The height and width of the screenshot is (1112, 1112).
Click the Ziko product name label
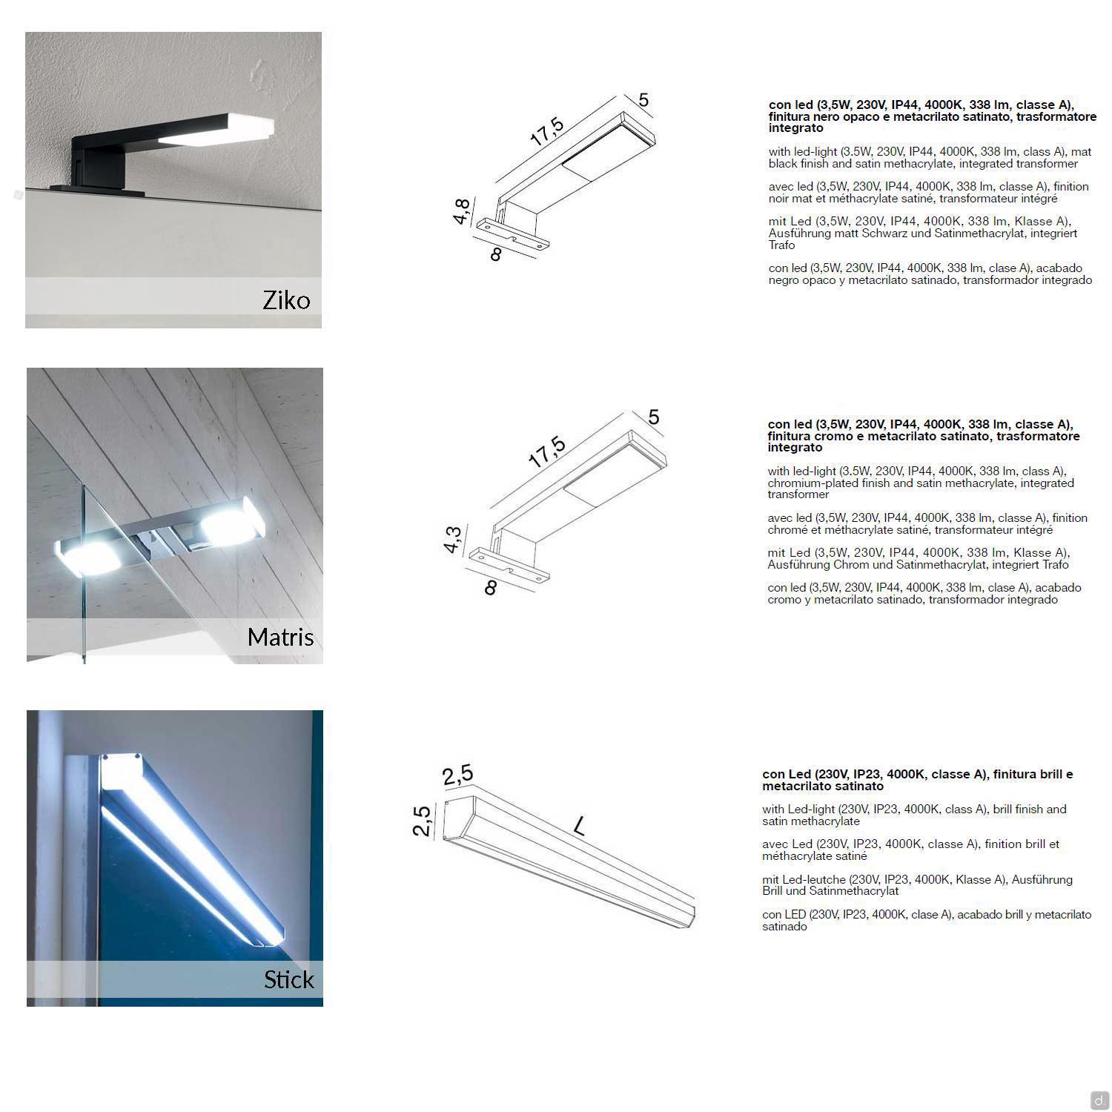pyautogui.click(x=286, y=300)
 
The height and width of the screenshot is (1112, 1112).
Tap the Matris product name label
pyautogui.click(x=281, y=637)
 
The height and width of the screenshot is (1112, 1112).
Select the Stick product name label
pyautogui.click(x=289, y=979)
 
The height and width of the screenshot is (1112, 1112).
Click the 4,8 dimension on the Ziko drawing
pyautogui.click(x=461, y=211)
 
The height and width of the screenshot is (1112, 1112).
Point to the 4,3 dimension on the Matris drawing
pyautogui.click(x=452, y=539)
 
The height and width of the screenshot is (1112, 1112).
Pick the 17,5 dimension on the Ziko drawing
pyautogui.click(x=547, y=131)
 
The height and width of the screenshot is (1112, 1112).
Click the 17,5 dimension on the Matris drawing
pyautogui.click(x=547, y=451)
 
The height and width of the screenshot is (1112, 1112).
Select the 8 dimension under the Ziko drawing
pyautogui.click(x=496, y=254)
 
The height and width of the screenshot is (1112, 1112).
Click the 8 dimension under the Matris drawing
pyautogui.click(x=490, y=588)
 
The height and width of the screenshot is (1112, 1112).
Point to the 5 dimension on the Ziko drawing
pyautogui.click(x=643, y=99)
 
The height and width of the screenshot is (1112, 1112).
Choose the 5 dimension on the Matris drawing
pyautogui.click(x=653, y=417)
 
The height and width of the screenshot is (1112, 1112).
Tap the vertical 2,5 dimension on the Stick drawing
pyautogui.click(x=421, y=821)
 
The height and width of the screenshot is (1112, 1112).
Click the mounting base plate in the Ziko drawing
pyautogui.click(x=514, y=234)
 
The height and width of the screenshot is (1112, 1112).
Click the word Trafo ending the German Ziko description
pyautogui.click(x=782, y=245)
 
